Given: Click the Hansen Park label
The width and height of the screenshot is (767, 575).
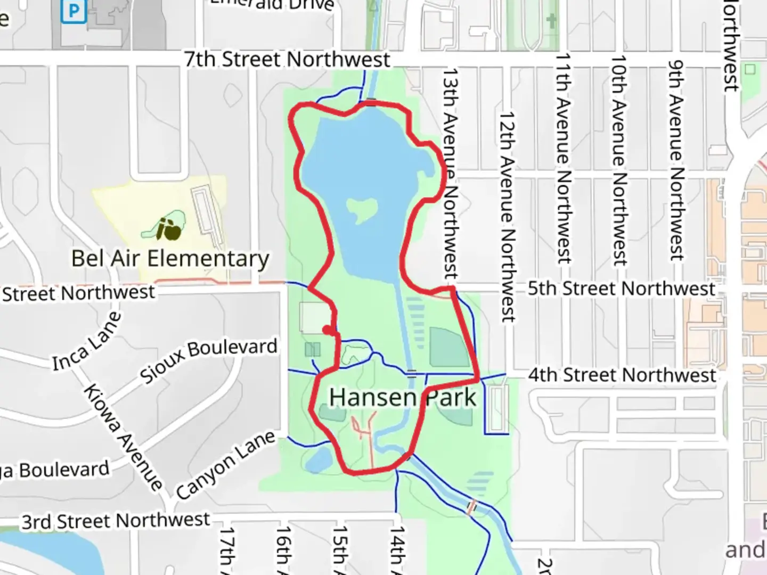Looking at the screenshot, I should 402,398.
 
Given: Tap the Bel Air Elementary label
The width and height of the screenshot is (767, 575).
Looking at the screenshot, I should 170,259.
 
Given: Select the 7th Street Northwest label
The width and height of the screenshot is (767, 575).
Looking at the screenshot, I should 288,60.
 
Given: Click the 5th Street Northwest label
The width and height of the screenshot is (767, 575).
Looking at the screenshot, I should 621,289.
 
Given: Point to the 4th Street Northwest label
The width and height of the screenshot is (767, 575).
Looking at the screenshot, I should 622,375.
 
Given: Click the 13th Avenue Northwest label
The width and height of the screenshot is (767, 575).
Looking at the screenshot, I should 451,173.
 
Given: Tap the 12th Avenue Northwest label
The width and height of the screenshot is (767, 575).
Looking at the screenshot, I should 507,217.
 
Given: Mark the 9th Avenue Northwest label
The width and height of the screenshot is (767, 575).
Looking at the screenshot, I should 676,160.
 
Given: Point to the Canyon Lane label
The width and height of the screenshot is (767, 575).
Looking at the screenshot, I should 226,465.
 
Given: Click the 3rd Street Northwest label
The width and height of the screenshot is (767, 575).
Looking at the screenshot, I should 116,521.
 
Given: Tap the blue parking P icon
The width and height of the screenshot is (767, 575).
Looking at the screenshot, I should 74,11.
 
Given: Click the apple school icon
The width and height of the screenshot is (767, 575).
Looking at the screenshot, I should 170,229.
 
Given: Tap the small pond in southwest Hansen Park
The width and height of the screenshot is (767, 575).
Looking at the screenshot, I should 319,460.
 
